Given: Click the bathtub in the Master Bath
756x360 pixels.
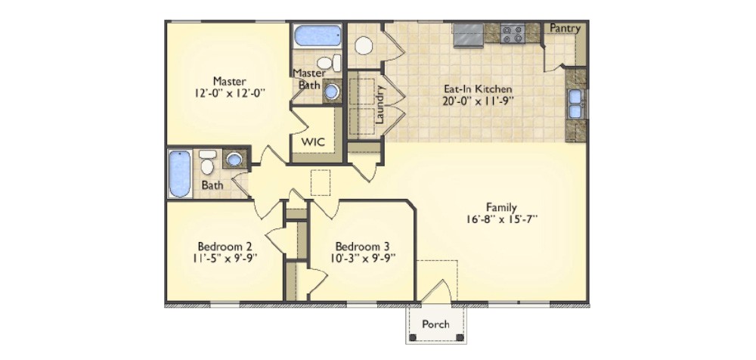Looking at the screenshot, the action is coord(318,36).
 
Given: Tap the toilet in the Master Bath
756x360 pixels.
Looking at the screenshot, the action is coord(329,63).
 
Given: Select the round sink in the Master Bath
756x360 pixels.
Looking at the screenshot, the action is coord(332,92).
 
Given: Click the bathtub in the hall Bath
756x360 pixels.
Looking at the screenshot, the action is coord(180,174).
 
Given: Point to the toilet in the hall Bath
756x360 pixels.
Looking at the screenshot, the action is coord(207,163).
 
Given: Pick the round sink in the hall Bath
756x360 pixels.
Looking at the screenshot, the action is coord(234,159).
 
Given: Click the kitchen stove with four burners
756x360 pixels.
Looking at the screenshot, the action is coord(513,34).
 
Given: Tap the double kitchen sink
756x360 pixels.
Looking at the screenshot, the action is coord(575,104).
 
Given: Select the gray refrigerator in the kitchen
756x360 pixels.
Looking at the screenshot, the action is coord(468,35).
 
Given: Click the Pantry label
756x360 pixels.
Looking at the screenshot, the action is coord(565,29).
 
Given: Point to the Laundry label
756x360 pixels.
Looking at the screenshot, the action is coord(380,104).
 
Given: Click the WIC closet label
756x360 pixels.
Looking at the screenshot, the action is coord(313,142).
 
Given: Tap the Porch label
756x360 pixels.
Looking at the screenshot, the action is coord(435,324).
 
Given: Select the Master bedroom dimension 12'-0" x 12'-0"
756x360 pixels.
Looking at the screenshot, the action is coord(230,93).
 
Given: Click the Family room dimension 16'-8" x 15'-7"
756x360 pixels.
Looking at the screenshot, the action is coord(501,219).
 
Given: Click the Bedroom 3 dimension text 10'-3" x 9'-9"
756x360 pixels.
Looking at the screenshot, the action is coord(363,257).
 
